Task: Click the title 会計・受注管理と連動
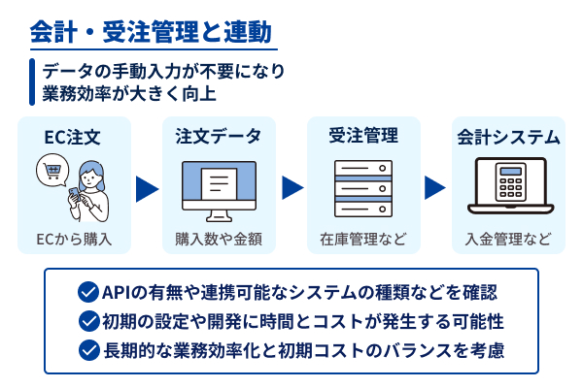pyautogui.click(x=150, y=32)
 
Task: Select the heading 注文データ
pyautogui.click(x=219, y=137)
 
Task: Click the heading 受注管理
pyautogui.click(x=363, y=137)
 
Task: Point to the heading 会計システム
pyautogui.click(x=508, y=137)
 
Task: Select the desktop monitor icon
pyautogui.click(x=219, y=188)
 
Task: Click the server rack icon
pyautogui.click(x=363, y=188)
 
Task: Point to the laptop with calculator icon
pyautogui.click(x=509, y=188)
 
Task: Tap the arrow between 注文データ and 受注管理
pyautogui.click(x=291, y=187)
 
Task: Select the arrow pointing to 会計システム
pyautogui.click(x=436, y=187)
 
